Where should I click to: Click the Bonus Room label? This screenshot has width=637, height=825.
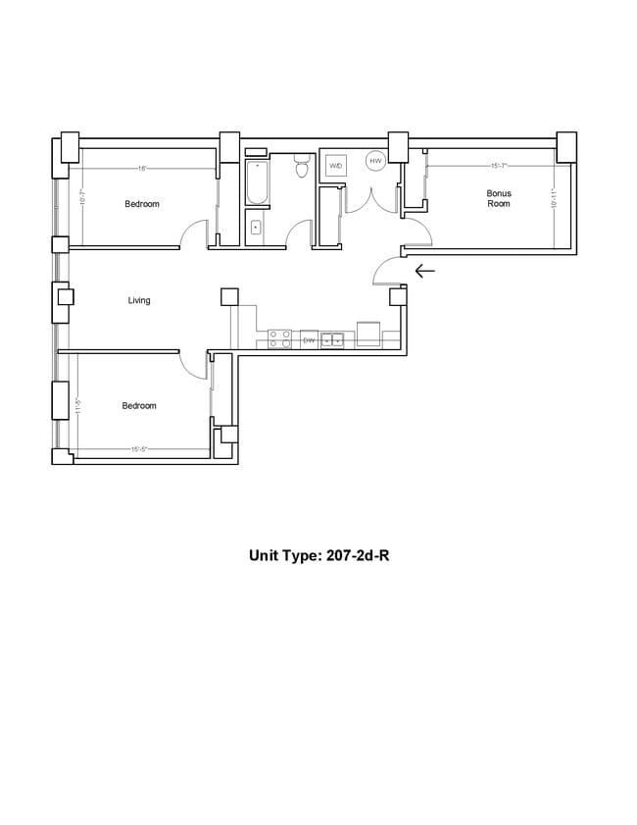click(x=499, y=198)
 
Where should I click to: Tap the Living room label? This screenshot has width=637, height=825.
click(x=139, y=300)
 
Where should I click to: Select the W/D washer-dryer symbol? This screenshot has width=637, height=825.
click(x=336, y=165)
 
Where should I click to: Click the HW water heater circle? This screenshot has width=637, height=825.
click(x=374, y=160)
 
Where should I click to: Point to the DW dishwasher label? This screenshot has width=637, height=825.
click(x=309, y=339)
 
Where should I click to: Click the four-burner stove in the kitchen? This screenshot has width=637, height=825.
click(x=279, y=339)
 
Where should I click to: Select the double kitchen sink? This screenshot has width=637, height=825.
click(x=333, y=339)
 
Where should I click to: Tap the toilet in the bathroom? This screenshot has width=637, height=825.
click(x=303, y=169)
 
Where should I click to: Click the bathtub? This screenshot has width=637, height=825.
click(x=257, y=180)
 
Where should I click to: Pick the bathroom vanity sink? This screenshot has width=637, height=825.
click(x=256, y=228)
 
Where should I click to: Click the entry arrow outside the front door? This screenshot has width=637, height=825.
click(x=425, y=271)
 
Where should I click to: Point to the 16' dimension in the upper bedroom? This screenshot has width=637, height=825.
click(x=142, y=169)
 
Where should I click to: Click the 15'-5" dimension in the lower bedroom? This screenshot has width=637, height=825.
click(x=139, y=450)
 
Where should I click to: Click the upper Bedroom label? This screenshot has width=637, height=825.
click(x=142, y=204)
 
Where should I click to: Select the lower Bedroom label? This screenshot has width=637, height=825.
click(x=139, y=405)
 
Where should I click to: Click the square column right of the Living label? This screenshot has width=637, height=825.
click(x=229, y=296)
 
